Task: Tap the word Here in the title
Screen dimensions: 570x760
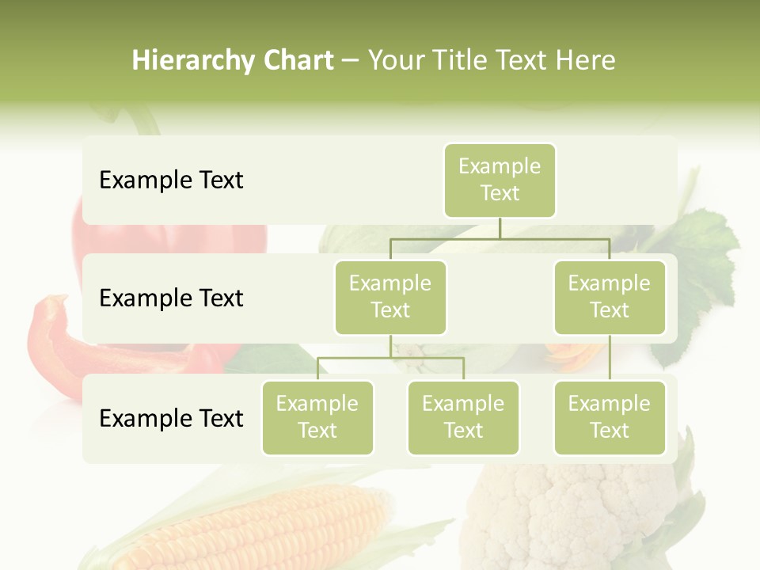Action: pyautogui.click(x=585, y=61)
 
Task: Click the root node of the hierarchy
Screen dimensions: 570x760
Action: pyautogui.click(x=500, y=180)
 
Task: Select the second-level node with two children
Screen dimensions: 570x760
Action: pyautogui.click(x=390, y=297)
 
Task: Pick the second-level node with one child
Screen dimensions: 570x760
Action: pyautogui.click(x=610, y=297)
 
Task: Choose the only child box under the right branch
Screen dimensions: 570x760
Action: pyautogui.click(x=610, y=417)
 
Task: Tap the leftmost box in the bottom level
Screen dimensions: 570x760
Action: pyautogui.click(x=317, y=417)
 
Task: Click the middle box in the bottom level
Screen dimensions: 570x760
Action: pyautogui.click(x=463, y=417)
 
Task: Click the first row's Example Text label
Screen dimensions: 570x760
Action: pyautogui.click(x=171, y=180)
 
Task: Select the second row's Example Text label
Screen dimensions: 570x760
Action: pyautogui.click(x=171, y=298)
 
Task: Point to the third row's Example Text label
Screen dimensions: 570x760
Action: pyautogui.click(x=171, y=418)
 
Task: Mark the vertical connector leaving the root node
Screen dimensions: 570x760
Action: pyautogui.click(x=500, y=228)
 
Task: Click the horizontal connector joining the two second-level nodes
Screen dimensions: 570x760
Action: pyautogui.click(x=500, y=238)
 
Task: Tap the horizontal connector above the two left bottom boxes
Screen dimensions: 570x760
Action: pyautogui.click(x=390, y=358)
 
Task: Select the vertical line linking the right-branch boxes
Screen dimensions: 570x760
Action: pyautogui.click(x=610, y=358)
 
